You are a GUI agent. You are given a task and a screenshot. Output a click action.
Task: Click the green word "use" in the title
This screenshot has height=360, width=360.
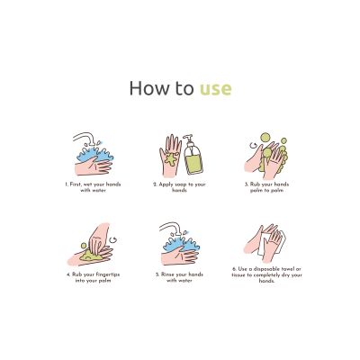pos(216,88)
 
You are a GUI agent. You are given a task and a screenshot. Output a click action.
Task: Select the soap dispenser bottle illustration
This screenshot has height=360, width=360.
pos(193,155)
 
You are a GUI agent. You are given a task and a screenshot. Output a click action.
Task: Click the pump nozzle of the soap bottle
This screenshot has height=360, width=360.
pos(188,138)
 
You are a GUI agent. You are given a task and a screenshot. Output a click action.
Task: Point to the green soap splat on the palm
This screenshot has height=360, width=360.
pos(171,159)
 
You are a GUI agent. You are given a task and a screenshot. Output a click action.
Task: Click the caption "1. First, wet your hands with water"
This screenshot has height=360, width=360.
pos(93,187)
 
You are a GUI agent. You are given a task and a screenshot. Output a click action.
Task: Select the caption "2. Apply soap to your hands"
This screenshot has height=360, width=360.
pos(179,187)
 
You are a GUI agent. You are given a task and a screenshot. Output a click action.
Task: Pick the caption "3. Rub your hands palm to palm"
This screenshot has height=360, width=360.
pos(266,187)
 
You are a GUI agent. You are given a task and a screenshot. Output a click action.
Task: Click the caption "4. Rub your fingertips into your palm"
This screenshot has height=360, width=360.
pos(94,277)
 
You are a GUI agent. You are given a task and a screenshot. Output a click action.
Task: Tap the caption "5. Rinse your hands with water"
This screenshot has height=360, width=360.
pos(179,277)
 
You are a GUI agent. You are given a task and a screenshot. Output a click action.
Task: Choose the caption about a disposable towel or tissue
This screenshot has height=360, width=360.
pos(266,274)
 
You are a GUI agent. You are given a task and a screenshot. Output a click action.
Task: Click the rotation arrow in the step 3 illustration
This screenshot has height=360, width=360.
pos(254,146)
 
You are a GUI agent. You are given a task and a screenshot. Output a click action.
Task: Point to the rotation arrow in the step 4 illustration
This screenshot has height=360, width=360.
pos(113,239)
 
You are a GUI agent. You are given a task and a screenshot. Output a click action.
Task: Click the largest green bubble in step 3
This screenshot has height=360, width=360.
pos(265,137)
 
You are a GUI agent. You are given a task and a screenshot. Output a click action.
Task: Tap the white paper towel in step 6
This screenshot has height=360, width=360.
pos(271,242)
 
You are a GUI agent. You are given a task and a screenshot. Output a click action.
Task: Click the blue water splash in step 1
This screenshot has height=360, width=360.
pos(95,153)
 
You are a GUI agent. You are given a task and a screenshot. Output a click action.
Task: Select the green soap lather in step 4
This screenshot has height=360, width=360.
pos(90,255)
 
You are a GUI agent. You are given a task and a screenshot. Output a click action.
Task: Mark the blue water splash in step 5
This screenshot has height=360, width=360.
pos(181,243)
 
